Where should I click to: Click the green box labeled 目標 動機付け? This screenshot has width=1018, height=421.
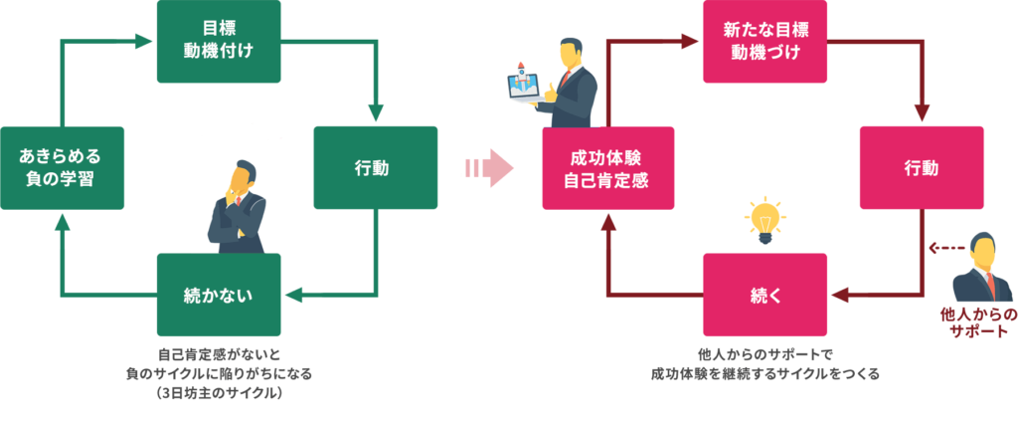[219, 41]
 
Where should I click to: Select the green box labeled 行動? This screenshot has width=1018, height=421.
[376, 167]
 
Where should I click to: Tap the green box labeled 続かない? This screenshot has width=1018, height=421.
[219, 295]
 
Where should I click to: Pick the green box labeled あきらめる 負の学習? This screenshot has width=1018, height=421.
[62, 167]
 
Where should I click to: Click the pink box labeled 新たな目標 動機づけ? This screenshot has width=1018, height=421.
[764, 41]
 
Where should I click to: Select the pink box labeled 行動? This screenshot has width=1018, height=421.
[922, 167]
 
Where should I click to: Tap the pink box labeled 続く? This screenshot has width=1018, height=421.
[764, 295]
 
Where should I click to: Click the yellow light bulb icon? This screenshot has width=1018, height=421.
[764, 219]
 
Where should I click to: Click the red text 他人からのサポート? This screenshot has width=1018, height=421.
[979, 322]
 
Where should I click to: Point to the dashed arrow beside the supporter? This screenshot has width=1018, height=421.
[943, 248]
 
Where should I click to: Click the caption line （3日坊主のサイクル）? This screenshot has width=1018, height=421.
[219, 392]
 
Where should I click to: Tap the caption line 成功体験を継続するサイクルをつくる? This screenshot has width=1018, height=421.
[764, 374]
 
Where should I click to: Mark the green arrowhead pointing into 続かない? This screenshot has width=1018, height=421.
[291, 295]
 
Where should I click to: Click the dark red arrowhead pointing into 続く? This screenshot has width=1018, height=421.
[838, 295]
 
